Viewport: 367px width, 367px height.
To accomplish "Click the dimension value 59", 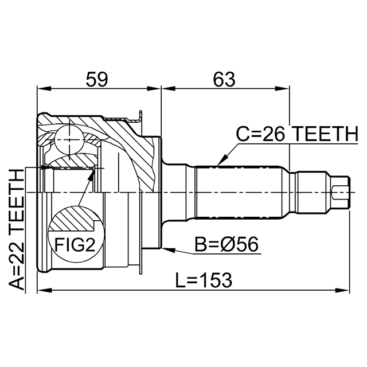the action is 97,79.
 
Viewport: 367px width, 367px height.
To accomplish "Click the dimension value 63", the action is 224,79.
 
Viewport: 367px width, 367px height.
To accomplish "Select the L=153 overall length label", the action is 204,280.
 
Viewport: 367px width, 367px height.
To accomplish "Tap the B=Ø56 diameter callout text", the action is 227,244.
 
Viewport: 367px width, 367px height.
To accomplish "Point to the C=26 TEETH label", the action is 297,134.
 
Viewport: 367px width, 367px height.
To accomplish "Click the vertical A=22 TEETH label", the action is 17,229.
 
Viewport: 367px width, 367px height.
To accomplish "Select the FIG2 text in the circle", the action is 75,245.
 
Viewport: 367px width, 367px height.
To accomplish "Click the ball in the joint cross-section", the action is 70,140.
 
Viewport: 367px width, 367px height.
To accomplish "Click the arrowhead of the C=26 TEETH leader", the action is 221,161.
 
